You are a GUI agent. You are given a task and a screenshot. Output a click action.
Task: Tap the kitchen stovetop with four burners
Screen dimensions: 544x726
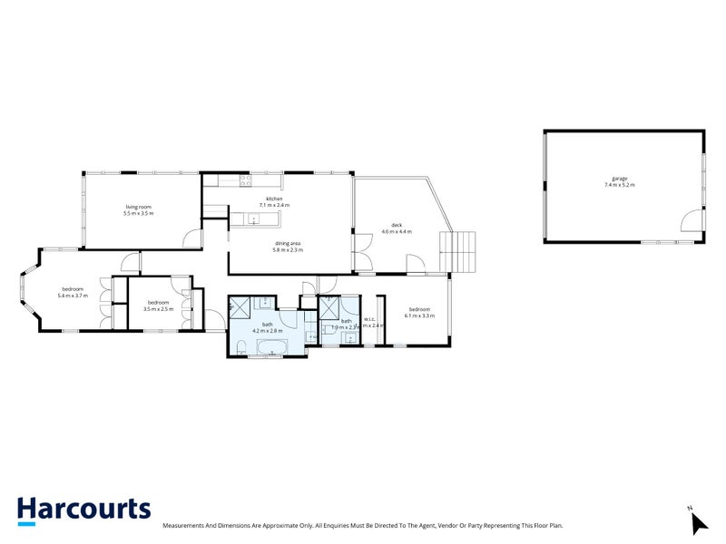(246, 180)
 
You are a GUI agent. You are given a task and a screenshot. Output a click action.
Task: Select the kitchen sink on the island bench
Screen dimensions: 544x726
(254, 219)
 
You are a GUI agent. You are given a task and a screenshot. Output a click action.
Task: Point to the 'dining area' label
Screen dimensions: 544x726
(289, 242)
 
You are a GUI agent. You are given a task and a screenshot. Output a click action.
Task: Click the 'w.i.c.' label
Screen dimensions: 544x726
(369, 318)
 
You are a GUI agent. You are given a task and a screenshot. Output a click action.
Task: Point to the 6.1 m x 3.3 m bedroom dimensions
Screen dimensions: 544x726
(419, 316)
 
